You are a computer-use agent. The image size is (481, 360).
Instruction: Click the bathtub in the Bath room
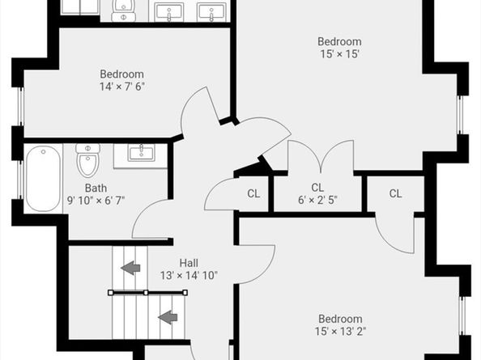(43, 178)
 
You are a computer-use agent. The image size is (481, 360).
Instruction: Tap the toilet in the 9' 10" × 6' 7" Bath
(87, 160)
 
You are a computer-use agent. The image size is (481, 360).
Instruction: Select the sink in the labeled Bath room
(141, 153)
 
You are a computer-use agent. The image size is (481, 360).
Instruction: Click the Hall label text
(189, 263)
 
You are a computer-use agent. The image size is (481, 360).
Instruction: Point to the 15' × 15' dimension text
(339, 54)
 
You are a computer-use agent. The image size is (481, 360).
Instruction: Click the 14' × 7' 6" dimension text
(121, 87)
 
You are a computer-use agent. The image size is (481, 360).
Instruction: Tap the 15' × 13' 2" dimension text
(340, 332)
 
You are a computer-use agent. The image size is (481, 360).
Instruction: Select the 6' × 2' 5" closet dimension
(317, 200)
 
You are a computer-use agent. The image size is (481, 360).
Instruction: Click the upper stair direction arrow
(131, 268)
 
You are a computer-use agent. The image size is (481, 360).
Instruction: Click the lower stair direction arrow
(168, 317)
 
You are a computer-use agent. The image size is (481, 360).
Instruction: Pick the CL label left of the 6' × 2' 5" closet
(253, 193)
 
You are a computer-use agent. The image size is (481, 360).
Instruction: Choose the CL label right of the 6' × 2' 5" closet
(395, 193)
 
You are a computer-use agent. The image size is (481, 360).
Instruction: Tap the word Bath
(96, 188)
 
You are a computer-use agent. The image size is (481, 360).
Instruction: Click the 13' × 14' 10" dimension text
(189, 275)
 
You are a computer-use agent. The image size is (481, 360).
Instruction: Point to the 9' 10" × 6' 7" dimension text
(96, 201)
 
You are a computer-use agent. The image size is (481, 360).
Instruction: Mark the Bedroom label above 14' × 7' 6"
(121, 74)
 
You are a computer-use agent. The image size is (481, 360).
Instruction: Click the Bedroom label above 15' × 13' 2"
(340, 319)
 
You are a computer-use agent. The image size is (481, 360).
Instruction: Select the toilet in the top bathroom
(123, 11)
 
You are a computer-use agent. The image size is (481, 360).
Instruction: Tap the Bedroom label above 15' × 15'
(339, 42)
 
